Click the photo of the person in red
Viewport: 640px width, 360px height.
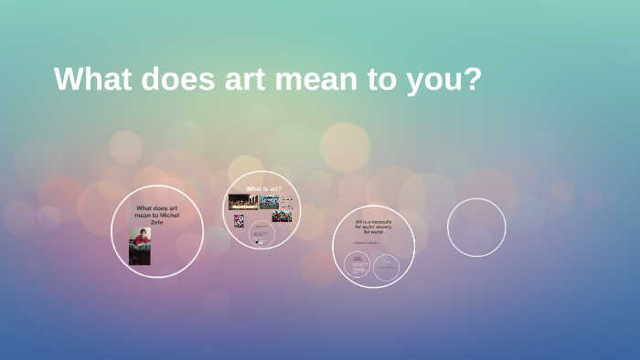coord(140,246)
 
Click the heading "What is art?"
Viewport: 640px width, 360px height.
coord(263,188)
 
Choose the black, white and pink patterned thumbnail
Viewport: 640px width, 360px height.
coord(240,220)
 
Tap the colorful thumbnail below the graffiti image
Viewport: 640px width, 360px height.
coord(282,217)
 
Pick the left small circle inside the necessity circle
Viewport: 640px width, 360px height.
coord(357,266)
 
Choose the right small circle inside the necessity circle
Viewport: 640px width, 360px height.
coord(386,266)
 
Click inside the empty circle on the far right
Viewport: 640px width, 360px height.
coord(476,227)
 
